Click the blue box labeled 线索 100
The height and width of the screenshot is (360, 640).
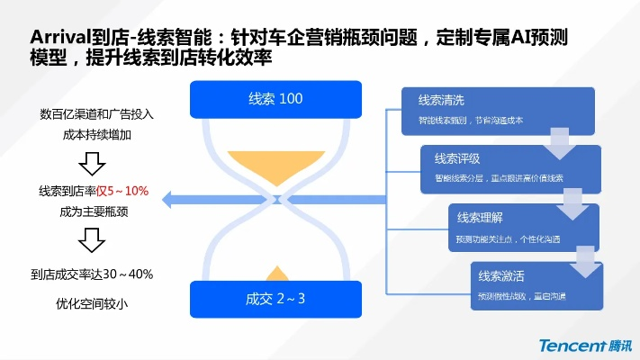275,99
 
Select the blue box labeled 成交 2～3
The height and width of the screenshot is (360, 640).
275,299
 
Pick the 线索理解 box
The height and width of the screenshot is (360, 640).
522,228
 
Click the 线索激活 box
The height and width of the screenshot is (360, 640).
536,285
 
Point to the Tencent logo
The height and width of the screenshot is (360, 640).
584,346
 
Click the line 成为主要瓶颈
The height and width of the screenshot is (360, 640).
93,212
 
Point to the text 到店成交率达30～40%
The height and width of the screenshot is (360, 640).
93,274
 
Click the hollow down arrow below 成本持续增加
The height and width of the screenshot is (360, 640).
93,164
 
